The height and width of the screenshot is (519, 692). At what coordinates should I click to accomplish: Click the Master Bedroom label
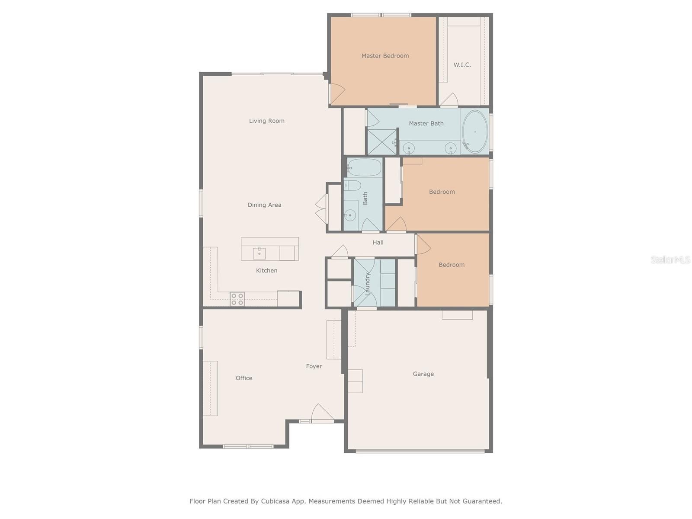(385, 56)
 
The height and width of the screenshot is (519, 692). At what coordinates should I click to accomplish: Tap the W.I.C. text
(462, 64)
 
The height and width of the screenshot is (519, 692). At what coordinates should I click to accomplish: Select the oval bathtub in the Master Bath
(475, 132)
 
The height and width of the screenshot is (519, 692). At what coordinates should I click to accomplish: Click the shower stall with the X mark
(382, 142)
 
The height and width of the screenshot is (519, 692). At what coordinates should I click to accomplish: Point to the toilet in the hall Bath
(352, 186)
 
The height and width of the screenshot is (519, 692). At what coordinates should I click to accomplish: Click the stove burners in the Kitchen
(237, 299)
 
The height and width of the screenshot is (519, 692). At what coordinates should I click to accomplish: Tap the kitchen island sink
(259, 253)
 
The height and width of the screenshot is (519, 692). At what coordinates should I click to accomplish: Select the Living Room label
(267, 121)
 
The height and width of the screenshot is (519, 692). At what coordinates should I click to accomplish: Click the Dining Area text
(265, 205)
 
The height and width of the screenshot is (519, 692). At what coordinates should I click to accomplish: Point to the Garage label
(423, 374)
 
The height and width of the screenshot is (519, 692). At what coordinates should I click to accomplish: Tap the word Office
(244, 378)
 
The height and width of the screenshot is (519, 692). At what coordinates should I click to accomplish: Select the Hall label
(378, 242)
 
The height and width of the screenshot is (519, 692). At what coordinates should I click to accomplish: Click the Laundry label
(367, 284)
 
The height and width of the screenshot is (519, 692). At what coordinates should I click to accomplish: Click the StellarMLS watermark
(670, 259)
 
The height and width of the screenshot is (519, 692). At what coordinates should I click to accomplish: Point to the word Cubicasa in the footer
(275, 501)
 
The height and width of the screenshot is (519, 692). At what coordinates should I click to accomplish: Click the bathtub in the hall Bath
(364, 167)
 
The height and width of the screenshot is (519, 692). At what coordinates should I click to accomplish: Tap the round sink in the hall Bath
(350, 215)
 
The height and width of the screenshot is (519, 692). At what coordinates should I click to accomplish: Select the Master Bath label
(426, 124)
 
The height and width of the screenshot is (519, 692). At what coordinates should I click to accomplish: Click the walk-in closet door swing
(449, 99)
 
